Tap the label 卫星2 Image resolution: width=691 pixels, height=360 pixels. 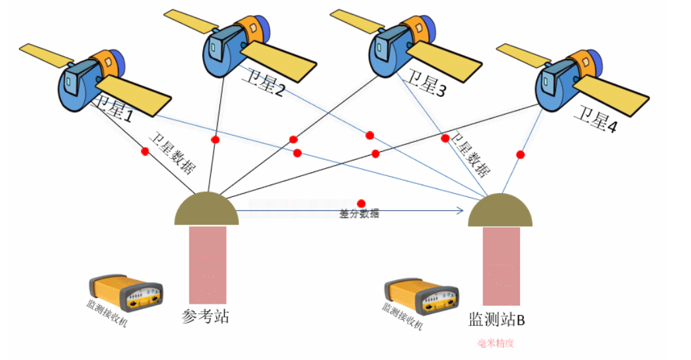coord(263,86)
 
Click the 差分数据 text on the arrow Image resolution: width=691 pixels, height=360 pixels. coord(359,214)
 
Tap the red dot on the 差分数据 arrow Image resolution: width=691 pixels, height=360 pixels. coord(361,204)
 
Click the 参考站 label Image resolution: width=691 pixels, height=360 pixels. coord(205,317)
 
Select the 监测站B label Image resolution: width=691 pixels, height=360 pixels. coord(496,320)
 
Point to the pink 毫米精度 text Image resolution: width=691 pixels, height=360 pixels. coord(500,343)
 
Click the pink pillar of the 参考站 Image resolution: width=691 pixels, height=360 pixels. coord(208,264)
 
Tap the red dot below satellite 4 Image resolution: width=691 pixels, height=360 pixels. coord(521,154)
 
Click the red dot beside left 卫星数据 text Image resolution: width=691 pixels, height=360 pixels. coord(145,151)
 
